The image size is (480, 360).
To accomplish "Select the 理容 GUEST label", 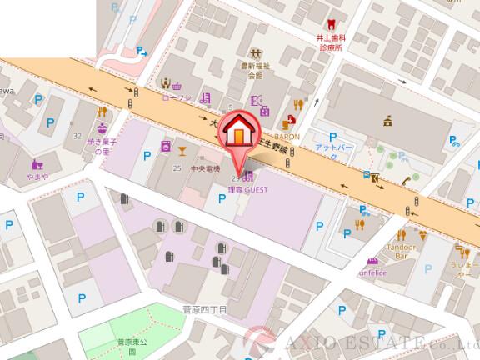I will (x=246, y=190).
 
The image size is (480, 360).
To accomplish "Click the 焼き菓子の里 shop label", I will (x=102, y=147).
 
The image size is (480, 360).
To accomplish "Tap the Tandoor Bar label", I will (x=402, y=251).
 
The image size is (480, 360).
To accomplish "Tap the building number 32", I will (x=77, y=135).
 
